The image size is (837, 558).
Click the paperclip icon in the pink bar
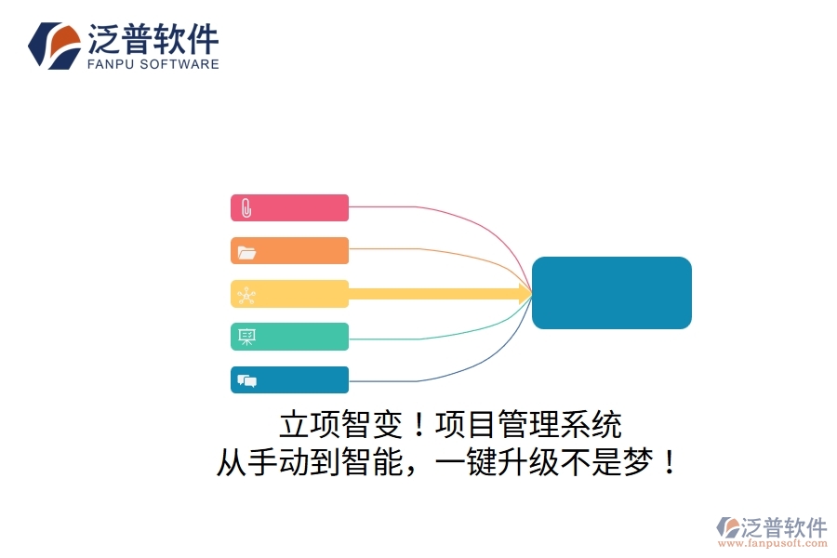pos(246,208)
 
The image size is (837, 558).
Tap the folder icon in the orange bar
pos(246,252)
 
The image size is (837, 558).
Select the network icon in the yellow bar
pos(246,295)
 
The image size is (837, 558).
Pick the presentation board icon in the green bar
pos(246,337)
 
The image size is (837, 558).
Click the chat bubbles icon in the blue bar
pos(246,380)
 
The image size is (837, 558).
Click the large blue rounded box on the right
pos(611,293)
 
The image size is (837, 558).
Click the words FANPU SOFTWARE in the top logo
pos(153,64)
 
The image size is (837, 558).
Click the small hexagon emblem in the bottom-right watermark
pos(726,526)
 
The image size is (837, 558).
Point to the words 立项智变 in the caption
pos(340,426)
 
